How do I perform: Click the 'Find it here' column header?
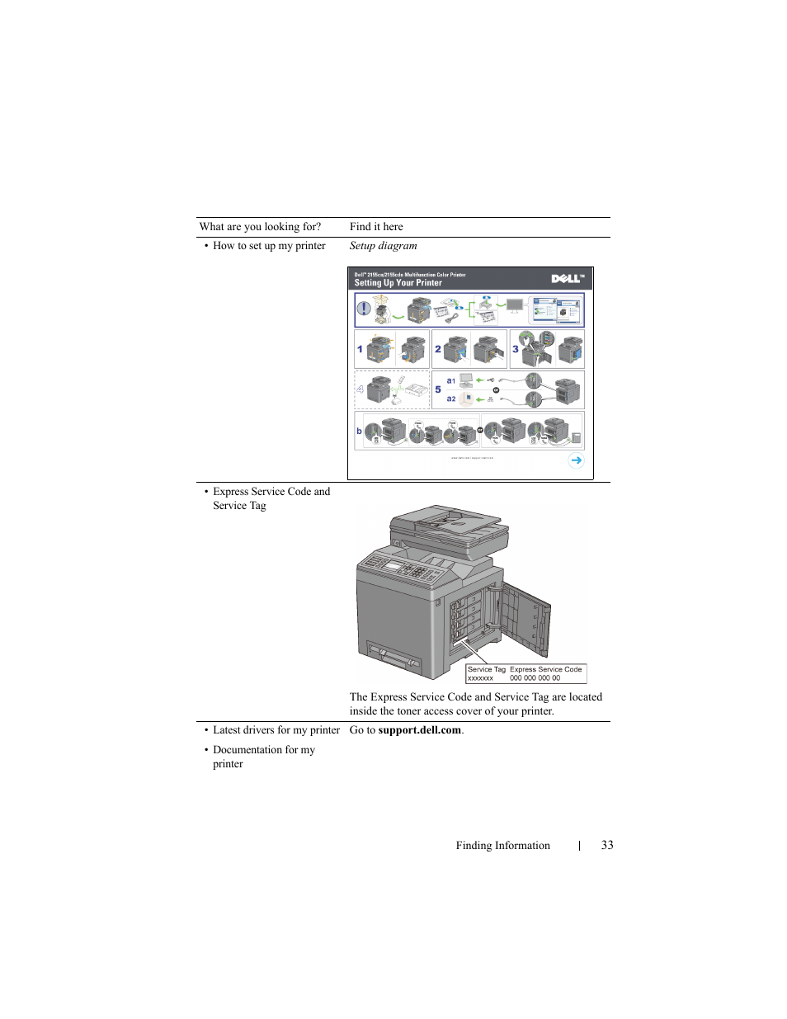tap(376, 227)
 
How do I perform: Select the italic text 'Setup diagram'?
tap(383, 246)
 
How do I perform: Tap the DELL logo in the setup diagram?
tap(567, 279)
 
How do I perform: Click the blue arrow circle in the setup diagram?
tap(576, 460)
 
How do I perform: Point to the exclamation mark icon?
tap(363, 310)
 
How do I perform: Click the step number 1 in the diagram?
tap(360, 349)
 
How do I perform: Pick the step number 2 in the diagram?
tap(438, 349)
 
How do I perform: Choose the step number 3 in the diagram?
tap(516, 349)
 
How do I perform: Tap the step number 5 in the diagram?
tap(438, 389)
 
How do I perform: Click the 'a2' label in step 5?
tap(451, 399)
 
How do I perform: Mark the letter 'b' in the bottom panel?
tap(359, 431)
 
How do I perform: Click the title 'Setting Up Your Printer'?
tap(398, 283)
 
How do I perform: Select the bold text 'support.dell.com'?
tap(419, 730)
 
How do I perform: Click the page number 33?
tap(607, 845)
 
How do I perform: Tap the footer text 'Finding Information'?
tap(502, 845)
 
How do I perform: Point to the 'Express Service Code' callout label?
tap(545, 669)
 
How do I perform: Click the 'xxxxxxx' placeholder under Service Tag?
tap(480, 678)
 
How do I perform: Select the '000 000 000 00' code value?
tap(535, 678)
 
